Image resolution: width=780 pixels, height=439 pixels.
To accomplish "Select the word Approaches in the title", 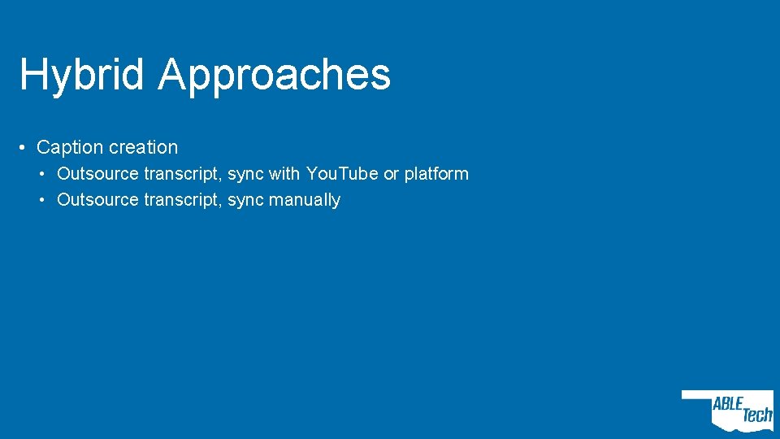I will [x=275, y=75].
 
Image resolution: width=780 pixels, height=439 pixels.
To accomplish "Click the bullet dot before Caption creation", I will [x=24, y=148].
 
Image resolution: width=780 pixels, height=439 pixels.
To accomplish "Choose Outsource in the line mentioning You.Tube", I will [x=97, y=174].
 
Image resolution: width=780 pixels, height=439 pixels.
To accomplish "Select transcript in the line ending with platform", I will [x=182, y=174].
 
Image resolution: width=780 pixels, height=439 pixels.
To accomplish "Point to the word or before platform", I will [x=391, y=174].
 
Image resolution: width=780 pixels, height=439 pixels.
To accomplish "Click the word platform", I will [x=436, y=174].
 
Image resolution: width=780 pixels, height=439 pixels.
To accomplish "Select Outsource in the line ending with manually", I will [x=97, y=200].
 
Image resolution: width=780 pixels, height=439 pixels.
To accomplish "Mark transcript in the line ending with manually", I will [x=182, y=200].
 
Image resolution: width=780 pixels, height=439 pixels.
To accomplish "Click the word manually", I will [x=305, y=200].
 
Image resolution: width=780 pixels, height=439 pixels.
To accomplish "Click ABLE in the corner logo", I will [x=728, y=405].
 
